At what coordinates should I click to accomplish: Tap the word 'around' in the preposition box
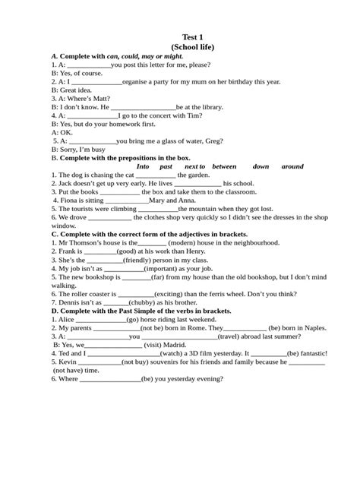point(292,166)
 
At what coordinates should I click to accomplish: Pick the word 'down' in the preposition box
point(261,166)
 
